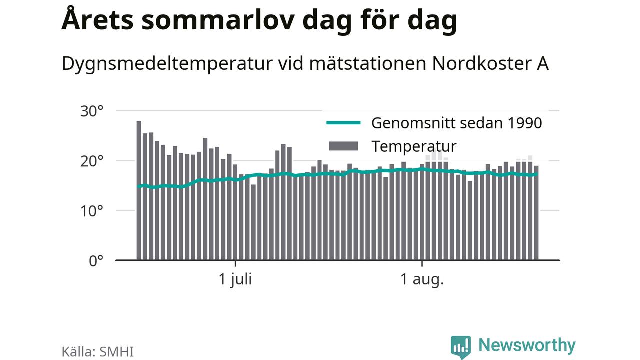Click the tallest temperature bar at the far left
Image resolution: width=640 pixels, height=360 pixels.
pyautogui.click(x=139, y=190)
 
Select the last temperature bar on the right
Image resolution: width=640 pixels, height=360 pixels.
pyautogui.click(x=536, y=213)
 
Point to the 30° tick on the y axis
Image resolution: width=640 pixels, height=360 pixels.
pyautogui.click(x=92, y=111)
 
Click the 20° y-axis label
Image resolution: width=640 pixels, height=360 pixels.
pyautogui.click(x=92, y=161)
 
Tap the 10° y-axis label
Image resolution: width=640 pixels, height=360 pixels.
pyautogui.click(x=92, y=211)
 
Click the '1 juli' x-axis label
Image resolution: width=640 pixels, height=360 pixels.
pyautogui.click(x=235, y=279)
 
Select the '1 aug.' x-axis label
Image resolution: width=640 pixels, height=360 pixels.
pyautogui.click(x=422, y=279)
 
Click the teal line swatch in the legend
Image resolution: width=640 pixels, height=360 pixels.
pyautogui.click(x=343, y=123)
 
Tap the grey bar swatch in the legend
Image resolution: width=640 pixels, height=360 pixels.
pyautogui.click(x=343, y=146)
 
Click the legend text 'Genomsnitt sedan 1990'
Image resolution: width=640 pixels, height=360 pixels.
pyautogui.click(x=456, y=123)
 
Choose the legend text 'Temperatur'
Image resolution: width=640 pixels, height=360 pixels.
pyautogui.click(x=414, y=147)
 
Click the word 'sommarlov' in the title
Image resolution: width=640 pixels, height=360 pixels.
pyautogui.click(x=218, y=20)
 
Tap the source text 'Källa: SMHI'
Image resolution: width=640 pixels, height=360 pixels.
pyautogui.click(x=97, y=351)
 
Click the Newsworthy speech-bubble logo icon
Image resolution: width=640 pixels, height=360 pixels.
pyautogui.click(x=461, y=347)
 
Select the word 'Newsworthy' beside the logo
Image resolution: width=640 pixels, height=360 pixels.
pyautogui.click(x=527, y=346)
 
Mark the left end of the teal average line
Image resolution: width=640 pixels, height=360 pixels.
pyautogui.click(x=138, y=186)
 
